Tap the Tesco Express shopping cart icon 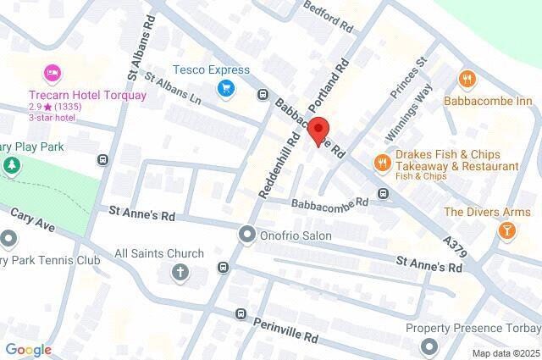[226, 88]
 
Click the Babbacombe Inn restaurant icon [467, 80]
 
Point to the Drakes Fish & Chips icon [382, 162]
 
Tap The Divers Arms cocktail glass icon [506, 230]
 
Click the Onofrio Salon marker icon [247, 233]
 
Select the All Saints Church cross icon [180, 272]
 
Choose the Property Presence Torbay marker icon [429, 346]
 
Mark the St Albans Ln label [176, 89]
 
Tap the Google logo [28, 350]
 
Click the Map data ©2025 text [506, 353]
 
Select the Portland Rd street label [331, 85]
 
